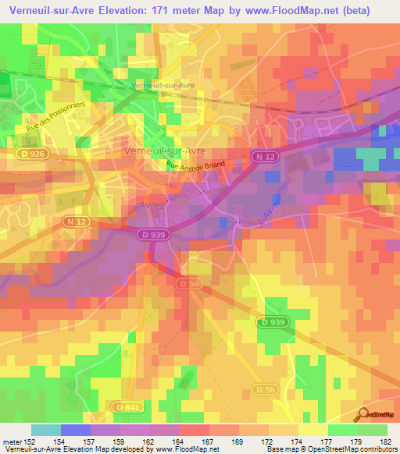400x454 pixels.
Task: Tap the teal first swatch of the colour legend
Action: (46, 430)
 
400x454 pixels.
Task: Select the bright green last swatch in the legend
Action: (372, 430)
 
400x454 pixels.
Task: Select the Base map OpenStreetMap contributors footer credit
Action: (331, 450)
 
